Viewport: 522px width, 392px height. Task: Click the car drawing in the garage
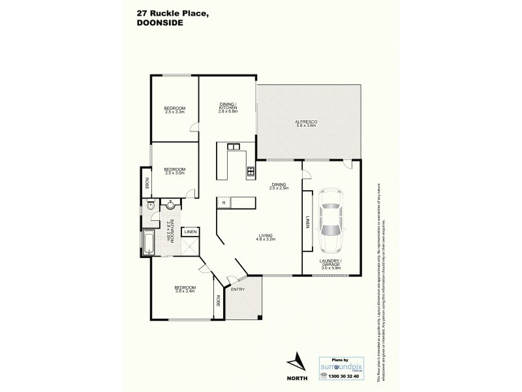pos(333,220)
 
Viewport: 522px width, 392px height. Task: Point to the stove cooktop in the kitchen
pos(250,172)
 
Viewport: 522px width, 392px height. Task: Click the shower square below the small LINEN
pos(191,246)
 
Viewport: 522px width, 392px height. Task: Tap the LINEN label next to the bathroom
pos(190,231)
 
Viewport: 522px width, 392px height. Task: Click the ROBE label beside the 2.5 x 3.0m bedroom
pos(147,183)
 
